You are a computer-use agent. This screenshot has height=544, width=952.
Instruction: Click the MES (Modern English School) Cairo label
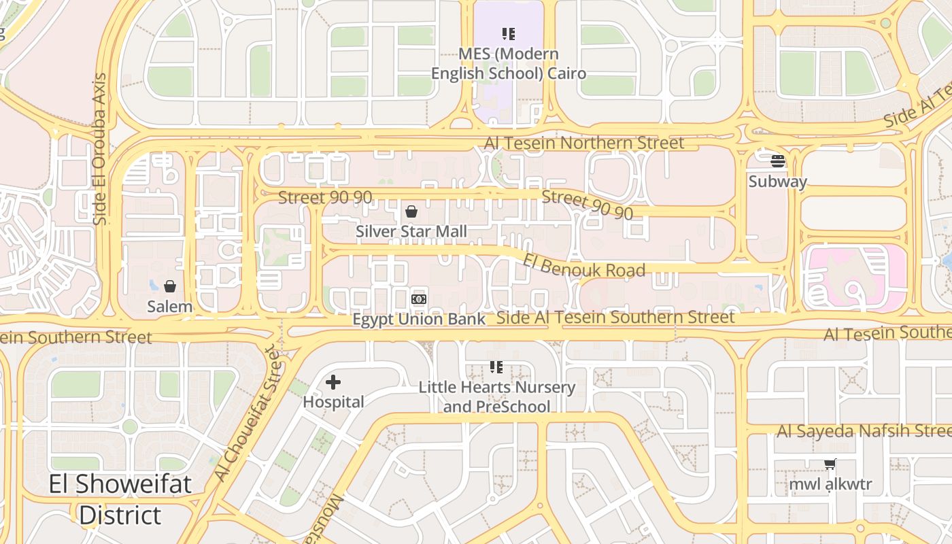[508, 63]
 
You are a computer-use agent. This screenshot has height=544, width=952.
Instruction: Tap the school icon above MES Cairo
[508, 33]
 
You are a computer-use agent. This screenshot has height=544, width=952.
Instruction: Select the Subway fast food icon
[778, 161]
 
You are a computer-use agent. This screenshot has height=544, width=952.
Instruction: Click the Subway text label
[778, 182]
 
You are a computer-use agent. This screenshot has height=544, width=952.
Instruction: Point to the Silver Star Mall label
[411, 231]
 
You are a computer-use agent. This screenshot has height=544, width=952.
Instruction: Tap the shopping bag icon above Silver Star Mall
[411, 211]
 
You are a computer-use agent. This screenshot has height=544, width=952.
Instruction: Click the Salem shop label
[170, 307]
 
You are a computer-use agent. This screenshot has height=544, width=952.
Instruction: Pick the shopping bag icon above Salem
[170, 286]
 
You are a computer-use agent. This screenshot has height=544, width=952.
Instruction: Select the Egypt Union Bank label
[419, 319]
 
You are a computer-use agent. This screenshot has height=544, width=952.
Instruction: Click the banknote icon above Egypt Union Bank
[419, 299]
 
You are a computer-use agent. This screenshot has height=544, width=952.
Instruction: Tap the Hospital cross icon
[333, 382]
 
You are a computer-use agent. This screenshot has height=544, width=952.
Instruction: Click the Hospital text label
[333, 402]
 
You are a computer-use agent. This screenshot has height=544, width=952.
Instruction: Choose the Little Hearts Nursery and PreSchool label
[496, 397]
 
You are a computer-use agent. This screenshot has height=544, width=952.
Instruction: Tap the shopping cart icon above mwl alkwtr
[830, 464]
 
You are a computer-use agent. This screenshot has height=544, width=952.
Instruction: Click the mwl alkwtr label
[830, 485]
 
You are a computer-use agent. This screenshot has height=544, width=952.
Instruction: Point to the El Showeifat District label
[120, 500]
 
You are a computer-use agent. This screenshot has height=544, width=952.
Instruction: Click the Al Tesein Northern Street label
[584, 143]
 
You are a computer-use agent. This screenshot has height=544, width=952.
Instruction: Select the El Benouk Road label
[583, 266]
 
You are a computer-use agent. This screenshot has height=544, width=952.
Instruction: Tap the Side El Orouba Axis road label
[100, 149]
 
